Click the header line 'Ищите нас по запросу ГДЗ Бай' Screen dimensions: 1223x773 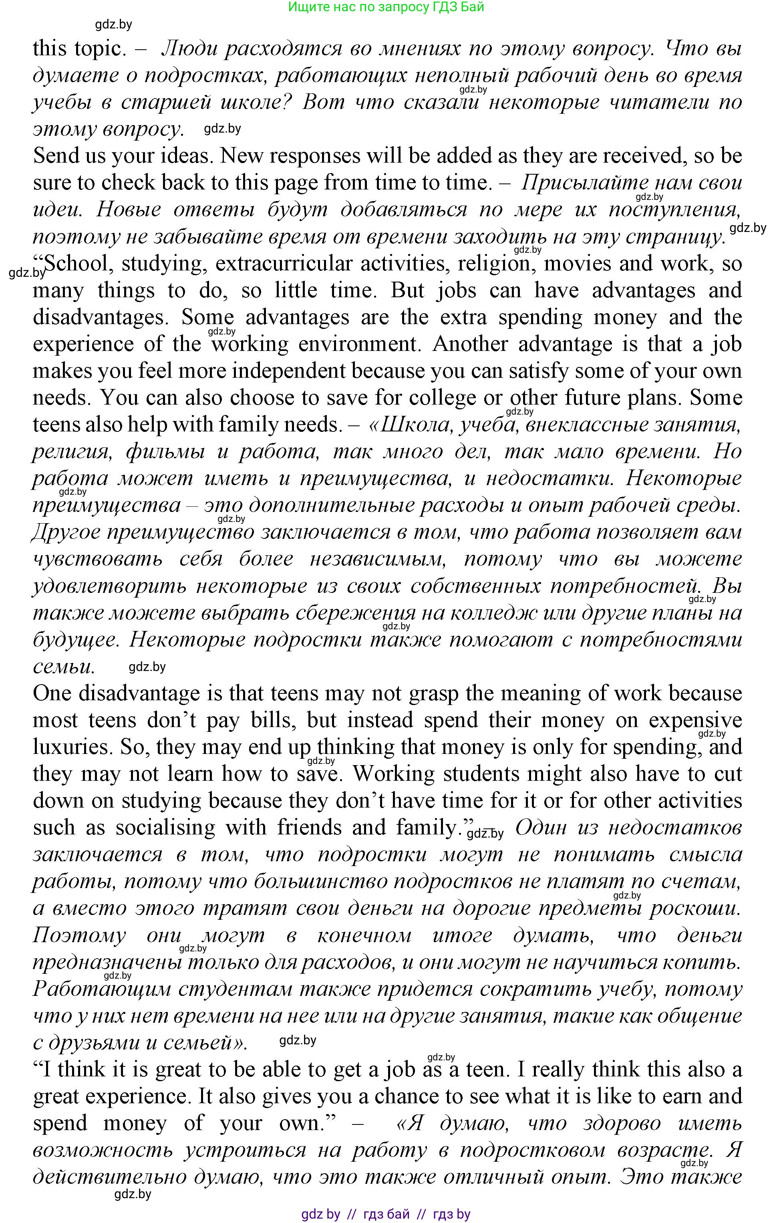[386, 7]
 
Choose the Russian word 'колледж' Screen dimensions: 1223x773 [493, 613]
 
